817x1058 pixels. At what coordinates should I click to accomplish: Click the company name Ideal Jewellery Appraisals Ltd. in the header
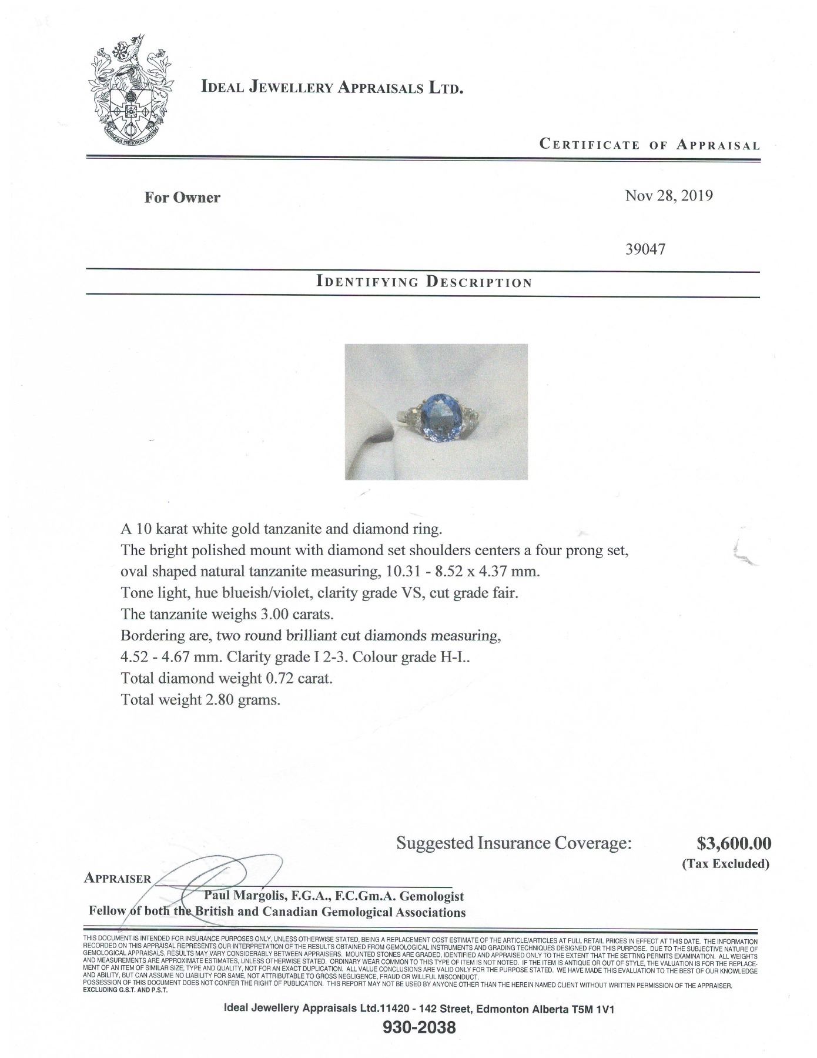(333, 88)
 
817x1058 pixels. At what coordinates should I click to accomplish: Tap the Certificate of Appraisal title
(649, 145)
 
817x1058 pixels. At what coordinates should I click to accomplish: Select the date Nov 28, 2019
(669, 196)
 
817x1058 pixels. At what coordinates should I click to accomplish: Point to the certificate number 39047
(646, 249)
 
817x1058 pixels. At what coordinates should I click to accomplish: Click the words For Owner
(182, 198)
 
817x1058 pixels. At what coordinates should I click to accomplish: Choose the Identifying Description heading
(424, 281)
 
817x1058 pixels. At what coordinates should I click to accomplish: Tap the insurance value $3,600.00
(734, 843)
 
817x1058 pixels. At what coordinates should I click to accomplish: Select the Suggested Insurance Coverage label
(514, 843)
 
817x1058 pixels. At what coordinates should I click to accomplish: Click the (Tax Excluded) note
(725, 864)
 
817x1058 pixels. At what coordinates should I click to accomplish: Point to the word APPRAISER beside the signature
(118, 879)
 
